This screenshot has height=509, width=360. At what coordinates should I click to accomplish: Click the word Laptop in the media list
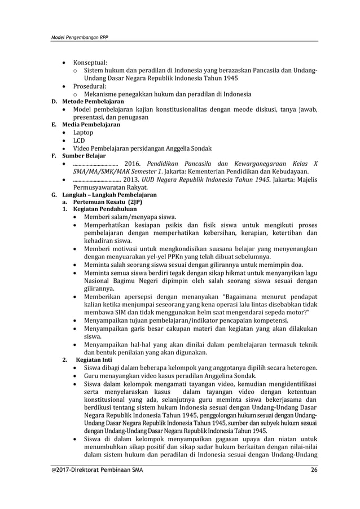84,133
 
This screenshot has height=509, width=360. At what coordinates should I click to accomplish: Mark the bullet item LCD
80,141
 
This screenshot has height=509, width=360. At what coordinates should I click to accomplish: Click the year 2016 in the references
138,164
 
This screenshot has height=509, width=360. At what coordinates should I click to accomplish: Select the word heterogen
300,367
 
